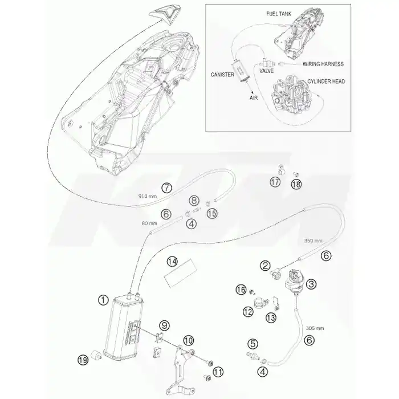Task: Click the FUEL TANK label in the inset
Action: point(279,14)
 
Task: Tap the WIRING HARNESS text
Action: point(323,64)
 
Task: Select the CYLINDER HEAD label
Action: point(326,82)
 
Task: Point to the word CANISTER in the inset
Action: point(222,75)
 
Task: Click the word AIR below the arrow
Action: point(254,97)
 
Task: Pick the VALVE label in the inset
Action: point(266,71)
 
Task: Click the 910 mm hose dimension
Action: point(148,196)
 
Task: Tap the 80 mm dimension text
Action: point(149,223)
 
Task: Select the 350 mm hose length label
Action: point(313,241)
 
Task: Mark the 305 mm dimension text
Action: point(315,328)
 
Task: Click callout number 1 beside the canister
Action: point(103,300)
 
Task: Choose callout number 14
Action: point(173,262)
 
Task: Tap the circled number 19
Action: point(83,360)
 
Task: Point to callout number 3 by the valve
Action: point(311,284)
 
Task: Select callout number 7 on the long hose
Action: point(166,188)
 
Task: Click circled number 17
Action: point(275,182)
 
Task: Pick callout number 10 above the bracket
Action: point(188,340)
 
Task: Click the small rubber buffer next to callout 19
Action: point(96,355)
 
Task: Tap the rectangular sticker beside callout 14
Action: point(181,274)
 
